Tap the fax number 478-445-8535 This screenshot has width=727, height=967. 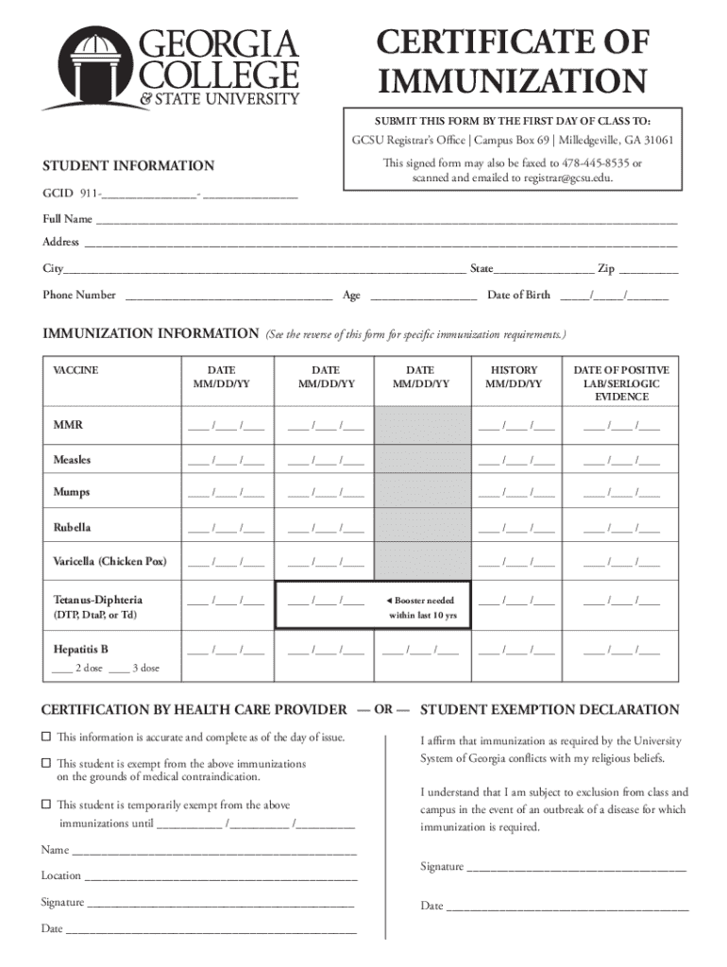coord(591,162)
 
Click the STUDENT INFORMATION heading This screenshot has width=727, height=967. coord(128,166)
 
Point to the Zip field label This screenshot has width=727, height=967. coord(605,269)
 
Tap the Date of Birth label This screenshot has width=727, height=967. coord(518,295)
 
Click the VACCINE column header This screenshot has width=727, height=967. coord(76,370)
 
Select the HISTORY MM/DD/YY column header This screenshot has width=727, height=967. coord(514,377)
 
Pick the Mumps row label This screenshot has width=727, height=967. coord(73,493)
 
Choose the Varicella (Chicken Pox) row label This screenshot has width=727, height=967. coord(110,561)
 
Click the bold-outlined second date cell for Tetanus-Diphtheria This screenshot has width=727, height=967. coord(325,602)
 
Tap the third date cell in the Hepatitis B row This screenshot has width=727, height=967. coord(420,650)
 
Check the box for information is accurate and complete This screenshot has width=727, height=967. coord(45,737)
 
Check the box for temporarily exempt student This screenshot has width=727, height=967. coord(45,806)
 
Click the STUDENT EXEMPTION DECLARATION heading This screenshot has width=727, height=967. coord(549,709)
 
